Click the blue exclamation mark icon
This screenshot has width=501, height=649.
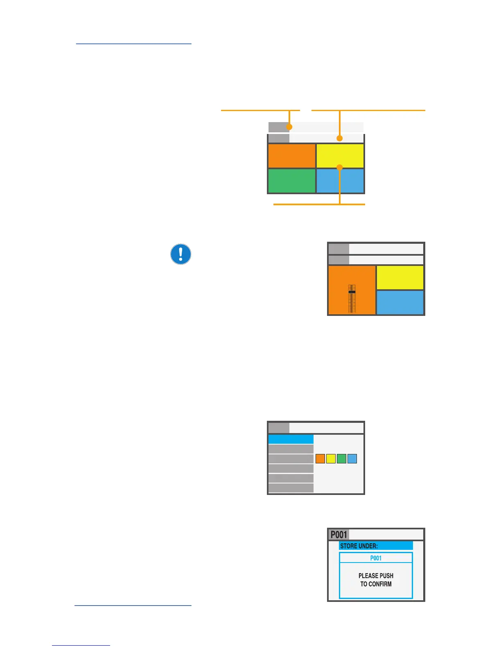tap(181, 254)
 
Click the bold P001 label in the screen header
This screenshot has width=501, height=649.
tap(339, 535)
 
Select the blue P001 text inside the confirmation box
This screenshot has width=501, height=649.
tap(376, 558)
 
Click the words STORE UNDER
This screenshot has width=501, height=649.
tap(359, 546)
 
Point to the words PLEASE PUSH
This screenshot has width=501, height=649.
tap(376, 576)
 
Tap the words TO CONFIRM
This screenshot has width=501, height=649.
tap(376, 584)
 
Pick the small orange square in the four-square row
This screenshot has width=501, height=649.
tap(320, 458)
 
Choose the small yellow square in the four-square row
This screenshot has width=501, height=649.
tap(331, 458)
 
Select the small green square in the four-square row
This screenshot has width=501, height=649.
tap(341, 458)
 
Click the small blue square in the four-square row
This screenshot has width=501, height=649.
tap(352, 458)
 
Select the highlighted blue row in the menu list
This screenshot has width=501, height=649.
tap(291, 439)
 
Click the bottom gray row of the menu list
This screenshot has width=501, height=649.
tap(291, 488)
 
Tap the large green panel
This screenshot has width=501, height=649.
tap(291, 181)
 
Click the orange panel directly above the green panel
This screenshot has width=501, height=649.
tap(291, 156)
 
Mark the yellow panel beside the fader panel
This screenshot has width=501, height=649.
tap(400, 277)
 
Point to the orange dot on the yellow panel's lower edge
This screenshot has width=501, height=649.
tap(339, 167)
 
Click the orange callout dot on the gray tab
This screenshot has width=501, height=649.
tap(289, 127)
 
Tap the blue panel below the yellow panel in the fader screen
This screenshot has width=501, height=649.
tap(400, 302)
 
